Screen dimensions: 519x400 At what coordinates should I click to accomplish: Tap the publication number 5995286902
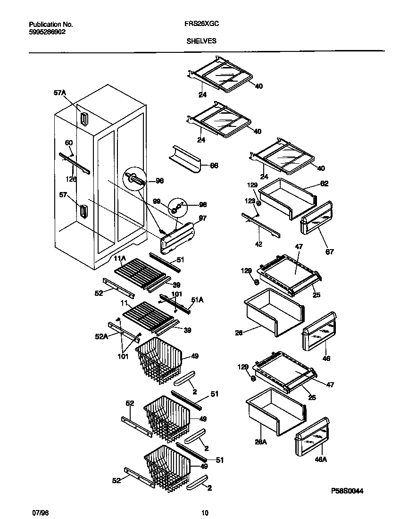coord(48,32)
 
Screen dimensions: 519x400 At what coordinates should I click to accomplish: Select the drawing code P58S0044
coord(347,491)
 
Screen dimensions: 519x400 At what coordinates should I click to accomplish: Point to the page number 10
coord(204,513)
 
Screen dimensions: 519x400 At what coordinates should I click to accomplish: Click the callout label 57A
coord(59,93)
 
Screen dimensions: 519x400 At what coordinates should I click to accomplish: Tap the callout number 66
coord(214,166)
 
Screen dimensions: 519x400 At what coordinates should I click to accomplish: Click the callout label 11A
coord(119,259)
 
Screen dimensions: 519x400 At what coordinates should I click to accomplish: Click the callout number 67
coord(329,252)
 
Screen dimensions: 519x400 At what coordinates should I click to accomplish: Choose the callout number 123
coord(250,201)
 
